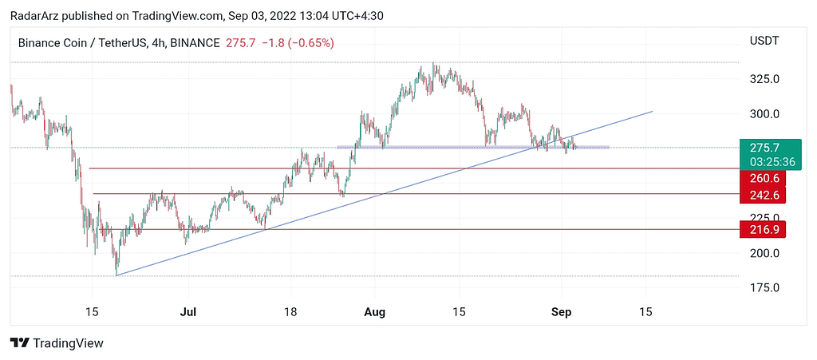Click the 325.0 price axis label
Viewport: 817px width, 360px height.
tap(764, 79)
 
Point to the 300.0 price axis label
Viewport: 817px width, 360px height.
tap(764, 114)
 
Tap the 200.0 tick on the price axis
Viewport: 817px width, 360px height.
tap(764, 253)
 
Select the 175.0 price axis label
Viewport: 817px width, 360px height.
tap(764, 287)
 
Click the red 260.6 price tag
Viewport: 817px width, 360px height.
tap(764, 180)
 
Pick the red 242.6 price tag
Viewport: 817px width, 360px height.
tap(764, 195)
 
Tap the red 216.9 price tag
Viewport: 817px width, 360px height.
tap(764, 230)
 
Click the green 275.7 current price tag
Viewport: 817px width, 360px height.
tap(764, 148)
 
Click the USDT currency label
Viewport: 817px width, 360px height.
tap(764, 41)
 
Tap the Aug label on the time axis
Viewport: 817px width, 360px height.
tap(373, 311)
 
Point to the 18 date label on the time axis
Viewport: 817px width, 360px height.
tap(290, 311)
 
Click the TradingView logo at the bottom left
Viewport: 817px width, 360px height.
tap(57, 343)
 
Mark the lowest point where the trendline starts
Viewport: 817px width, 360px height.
tap(116, 275)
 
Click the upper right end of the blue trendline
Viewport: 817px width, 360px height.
tap(653, 111)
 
